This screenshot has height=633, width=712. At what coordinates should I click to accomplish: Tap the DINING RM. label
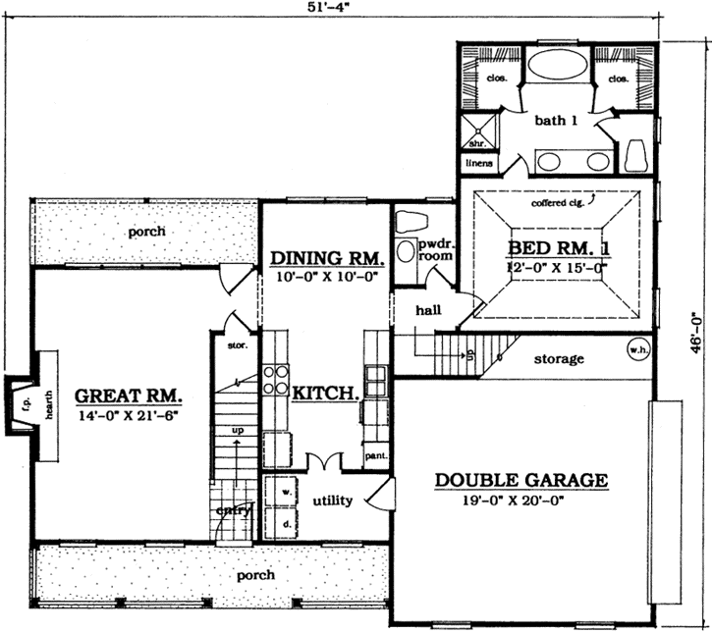coord(326,258)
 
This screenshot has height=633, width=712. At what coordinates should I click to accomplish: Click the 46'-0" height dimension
coord(695,334)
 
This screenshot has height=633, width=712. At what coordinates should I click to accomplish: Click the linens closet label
coord(478,162)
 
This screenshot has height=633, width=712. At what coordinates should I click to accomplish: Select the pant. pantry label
coord(376,456)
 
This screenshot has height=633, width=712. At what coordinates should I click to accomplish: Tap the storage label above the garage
coord(559,359)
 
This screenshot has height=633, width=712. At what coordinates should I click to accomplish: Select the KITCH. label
coord(324,393)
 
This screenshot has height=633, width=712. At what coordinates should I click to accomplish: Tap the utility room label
coord(332,501)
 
